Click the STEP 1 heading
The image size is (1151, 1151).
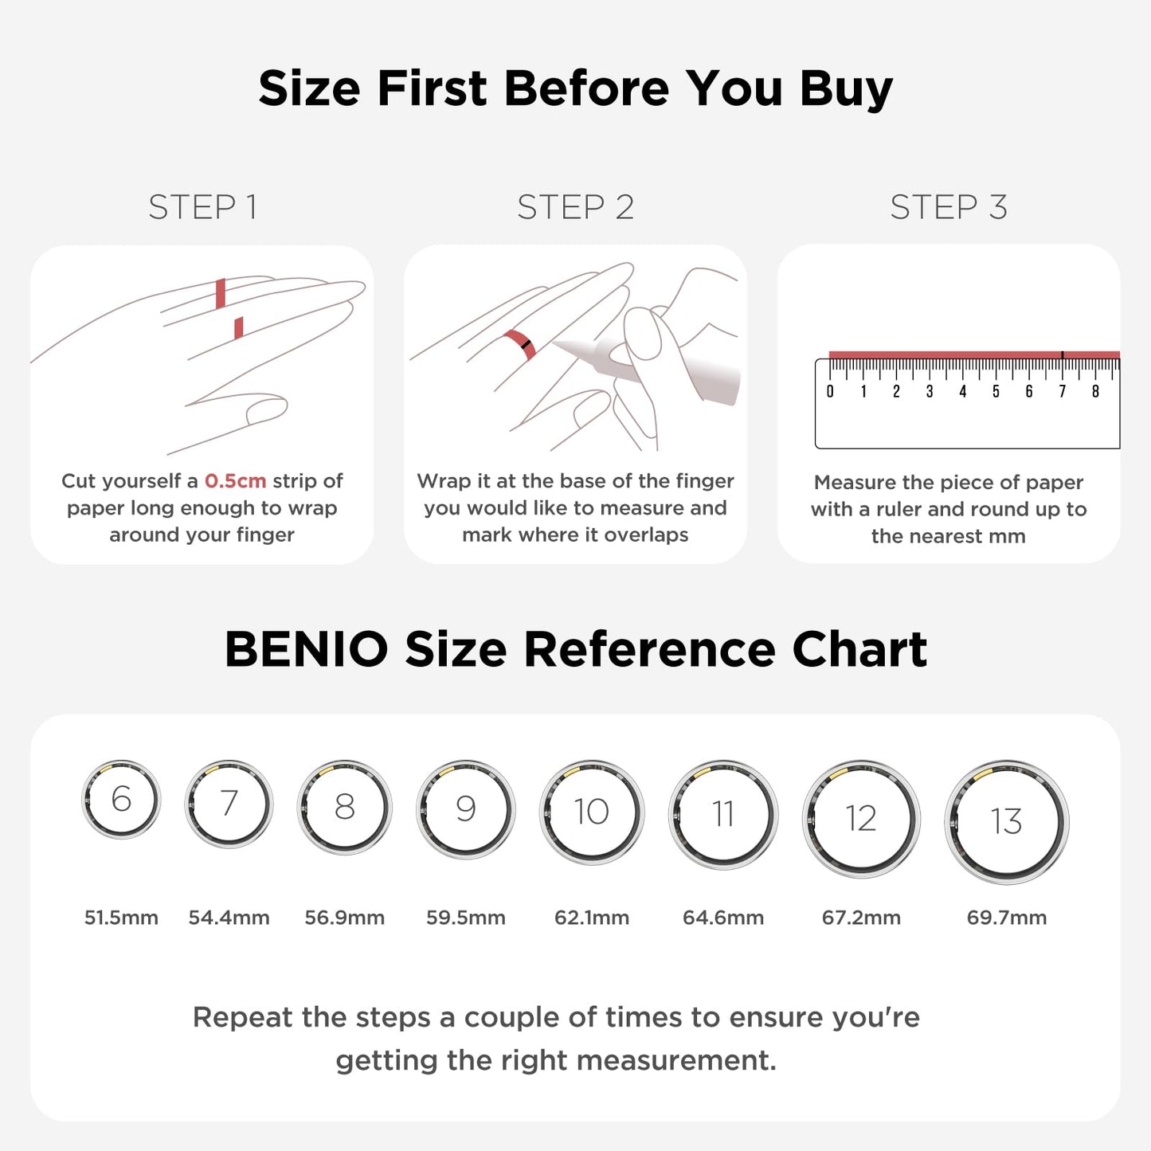click(202, 207)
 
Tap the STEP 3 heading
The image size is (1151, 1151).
click(948, 207)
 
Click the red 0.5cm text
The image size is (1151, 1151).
click(235, 481)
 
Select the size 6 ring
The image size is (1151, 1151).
click(121, 799)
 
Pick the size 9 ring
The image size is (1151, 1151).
click(466, 808)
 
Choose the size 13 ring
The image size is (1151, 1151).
click(1006, 821)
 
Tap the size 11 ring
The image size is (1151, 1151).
click(722, 814)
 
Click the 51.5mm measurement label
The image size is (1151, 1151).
click(121, 918)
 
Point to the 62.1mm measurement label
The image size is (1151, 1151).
click(592, 918)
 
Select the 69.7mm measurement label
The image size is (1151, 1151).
click(1006, 918)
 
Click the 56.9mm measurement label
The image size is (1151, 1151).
click(344, 918)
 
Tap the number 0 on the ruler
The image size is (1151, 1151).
click(830, 391)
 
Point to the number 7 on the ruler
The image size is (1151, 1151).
click(1062, 391)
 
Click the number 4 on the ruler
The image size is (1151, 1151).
click(962, 391)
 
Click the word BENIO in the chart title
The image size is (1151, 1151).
click(306, 649)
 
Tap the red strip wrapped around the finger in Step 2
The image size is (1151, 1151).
click(519, 344)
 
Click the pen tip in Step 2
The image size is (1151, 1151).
click(558, 345)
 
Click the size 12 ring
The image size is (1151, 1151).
click(860, 818)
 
